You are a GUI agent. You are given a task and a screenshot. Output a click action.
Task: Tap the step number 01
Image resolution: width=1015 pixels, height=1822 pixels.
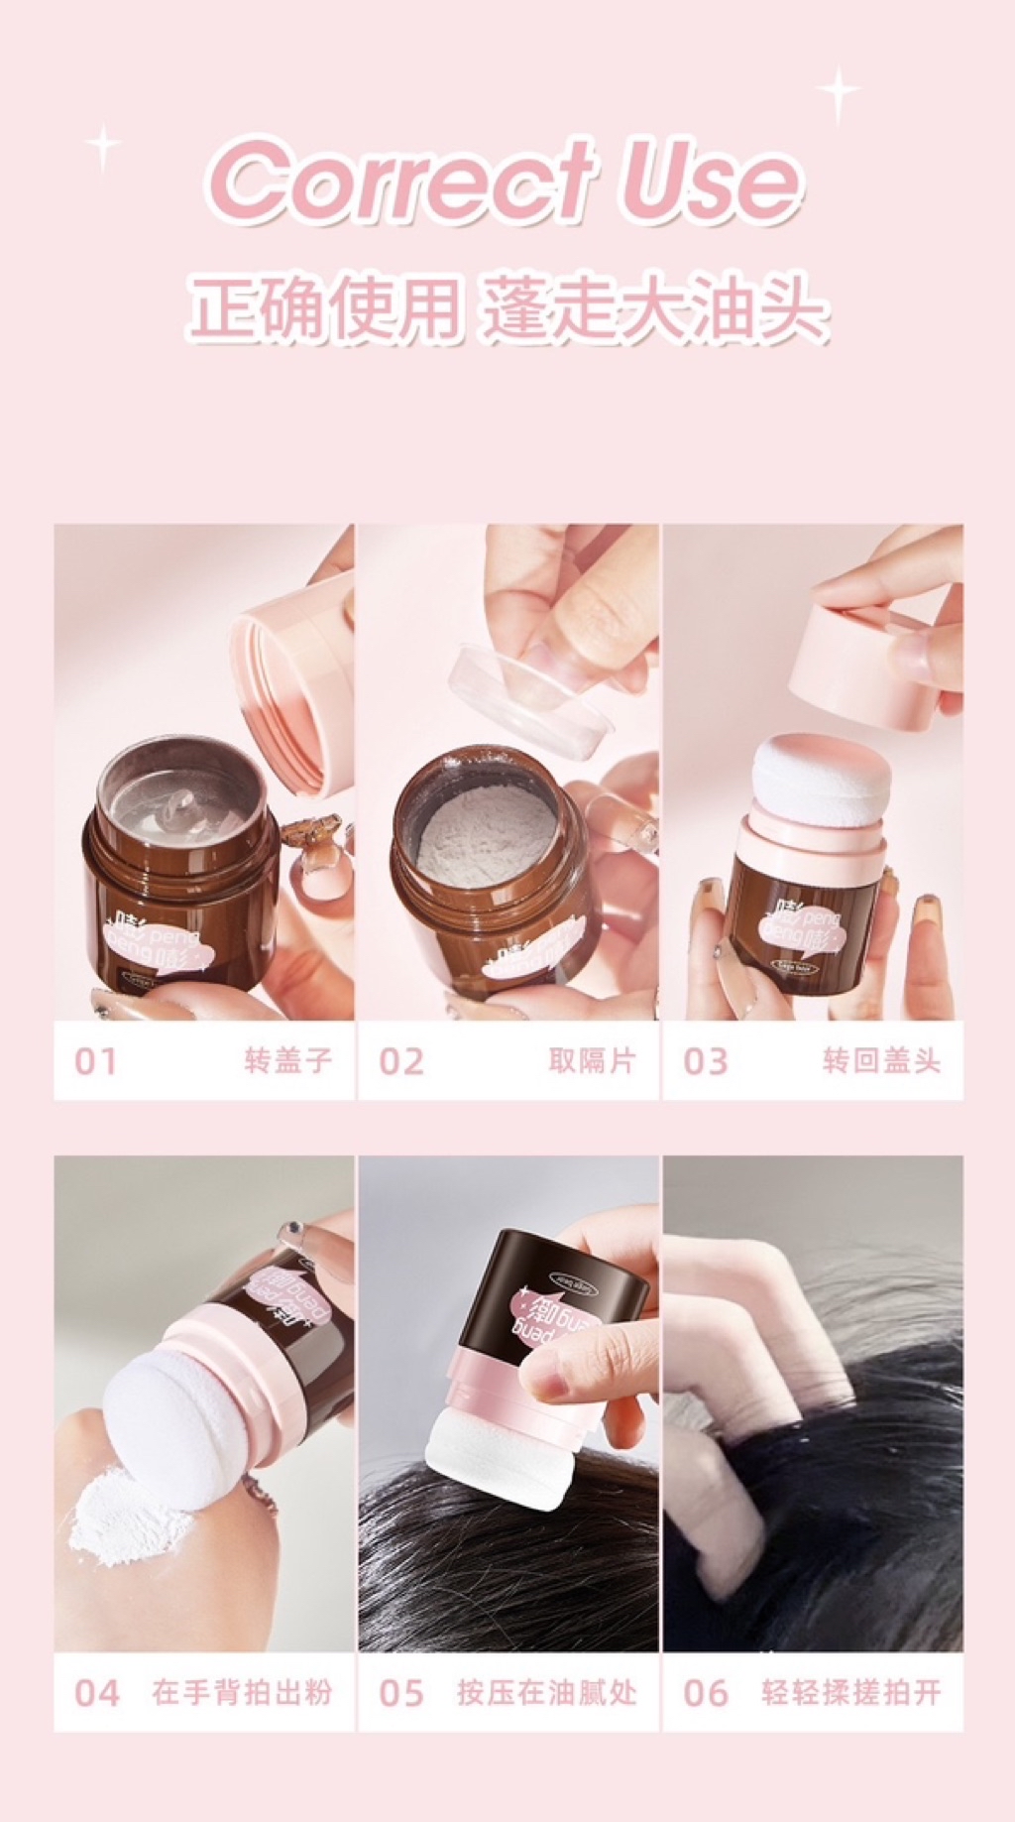click(x=95, y=1061)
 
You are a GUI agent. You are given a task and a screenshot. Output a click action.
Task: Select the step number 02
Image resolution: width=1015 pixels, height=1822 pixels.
click(x=400, y=1061)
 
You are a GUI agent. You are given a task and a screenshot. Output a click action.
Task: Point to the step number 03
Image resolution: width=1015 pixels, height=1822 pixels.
click(x=705, y=1061)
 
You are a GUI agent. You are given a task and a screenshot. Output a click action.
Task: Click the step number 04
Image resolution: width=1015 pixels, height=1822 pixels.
click(x=97, y=1693)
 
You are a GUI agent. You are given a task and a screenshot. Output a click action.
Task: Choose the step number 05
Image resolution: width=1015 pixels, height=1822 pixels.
click(x=400, y=1693)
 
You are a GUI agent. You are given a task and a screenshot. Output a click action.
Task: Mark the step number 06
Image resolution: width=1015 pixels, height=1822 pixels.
click(x=705, y=1693)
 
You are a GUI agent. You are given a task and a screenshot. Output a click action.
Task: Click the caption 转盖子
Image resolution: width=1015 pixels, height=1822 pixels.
click(x=287, y=1060)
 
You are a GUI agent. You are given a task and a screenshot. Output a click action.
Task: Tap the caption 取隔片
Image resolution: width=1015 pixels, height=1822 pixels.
click(x=592, y=1060)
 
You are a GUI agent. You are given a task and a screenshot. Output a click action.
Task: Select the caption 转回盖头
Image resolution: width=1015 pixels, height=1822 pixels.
click(x=881, y=1060)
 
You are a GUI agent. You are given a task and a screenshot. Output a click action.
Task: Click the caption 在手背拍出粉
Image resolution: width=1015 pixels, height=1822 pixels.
click(x=242, y=1692)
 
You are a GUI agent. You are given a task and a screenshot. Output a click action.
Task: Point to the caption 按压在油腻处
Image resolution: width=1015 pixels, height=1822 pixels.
click(x=546, y=1692)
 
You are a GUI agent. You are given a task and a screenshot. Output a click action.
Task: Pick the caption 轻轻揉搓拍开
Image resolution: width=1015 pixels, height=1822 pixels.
click(x=850, y=1692)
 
